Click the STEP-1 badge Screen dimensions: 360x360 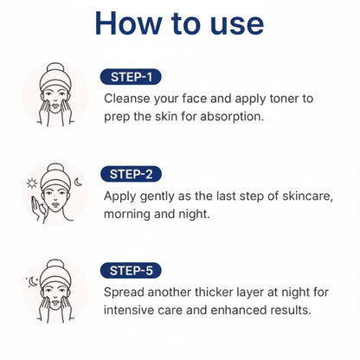point(131,77)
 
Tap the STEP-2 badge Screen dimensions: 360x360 point(131,174)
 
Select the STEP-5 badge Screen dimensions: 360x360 point(131,271)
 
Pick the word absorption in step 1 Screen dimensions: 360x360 point(232,117)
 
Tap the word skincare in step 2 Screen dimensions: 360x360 point(307,196)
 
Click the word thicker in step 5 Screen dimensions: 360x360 point(214,292)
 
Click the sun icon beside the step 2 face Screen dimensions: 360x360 point(32,183)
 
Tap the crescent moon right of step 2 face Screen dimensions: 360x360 point(78,182)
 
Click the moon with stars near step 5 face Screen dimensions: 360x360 point(32,281)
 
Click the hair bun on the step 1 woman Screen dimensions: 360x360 point(55,68)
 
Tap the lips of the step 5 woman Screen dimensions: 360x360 point(55,303)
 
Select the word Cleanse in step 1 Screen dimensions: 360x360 point(127,99)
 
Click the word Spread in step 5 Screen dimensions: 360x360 point(124,292)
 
